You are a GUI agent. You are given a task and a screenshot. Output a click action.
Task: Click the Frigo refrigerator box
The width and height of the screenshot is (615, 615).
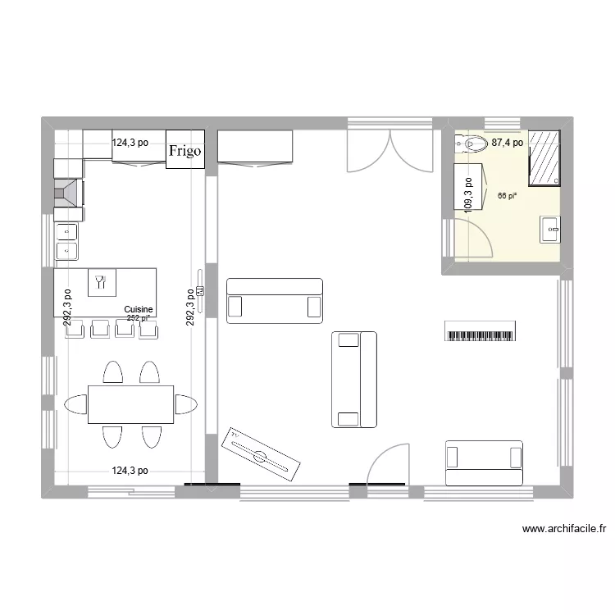click(x=185, y=150)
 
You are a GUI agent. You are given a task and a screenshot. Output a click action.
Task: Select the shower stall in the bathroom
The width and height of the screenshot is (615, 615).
click(x=544, y=157)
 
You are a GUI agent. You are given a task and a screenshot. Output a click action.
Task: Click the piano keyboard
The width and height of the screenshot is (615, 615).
click(x=482, y=331)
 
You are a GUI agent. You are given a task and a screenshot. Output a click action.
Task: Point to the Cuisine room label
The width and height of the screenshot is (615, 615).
click(x=139, y=310)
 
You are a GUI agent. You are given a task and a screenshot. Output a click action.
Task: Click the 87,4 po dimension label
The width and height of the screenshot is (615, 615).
click(x=507, y=143)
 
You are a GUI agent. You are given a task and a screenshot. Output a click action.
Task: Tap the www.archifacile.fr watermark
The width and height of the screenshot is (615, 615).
click(x=563, y=530)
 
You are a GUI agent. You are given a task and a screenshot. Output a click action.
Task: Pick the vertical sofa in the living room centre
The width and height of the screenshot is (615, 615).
click(x=354, y=380)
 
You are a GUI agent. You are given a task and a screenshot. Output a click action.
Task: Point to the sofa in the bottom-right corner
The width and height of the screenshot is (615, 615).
click(x=484, y=463)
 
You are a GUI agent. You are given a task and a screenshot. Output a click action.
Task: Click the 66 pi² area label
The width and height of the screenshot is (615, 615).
click(x=507, y=196)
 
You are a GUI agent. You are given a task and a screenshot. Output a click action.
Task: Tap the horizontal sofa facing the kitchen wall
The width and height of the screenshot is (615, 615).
click(x=275, y=297)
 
